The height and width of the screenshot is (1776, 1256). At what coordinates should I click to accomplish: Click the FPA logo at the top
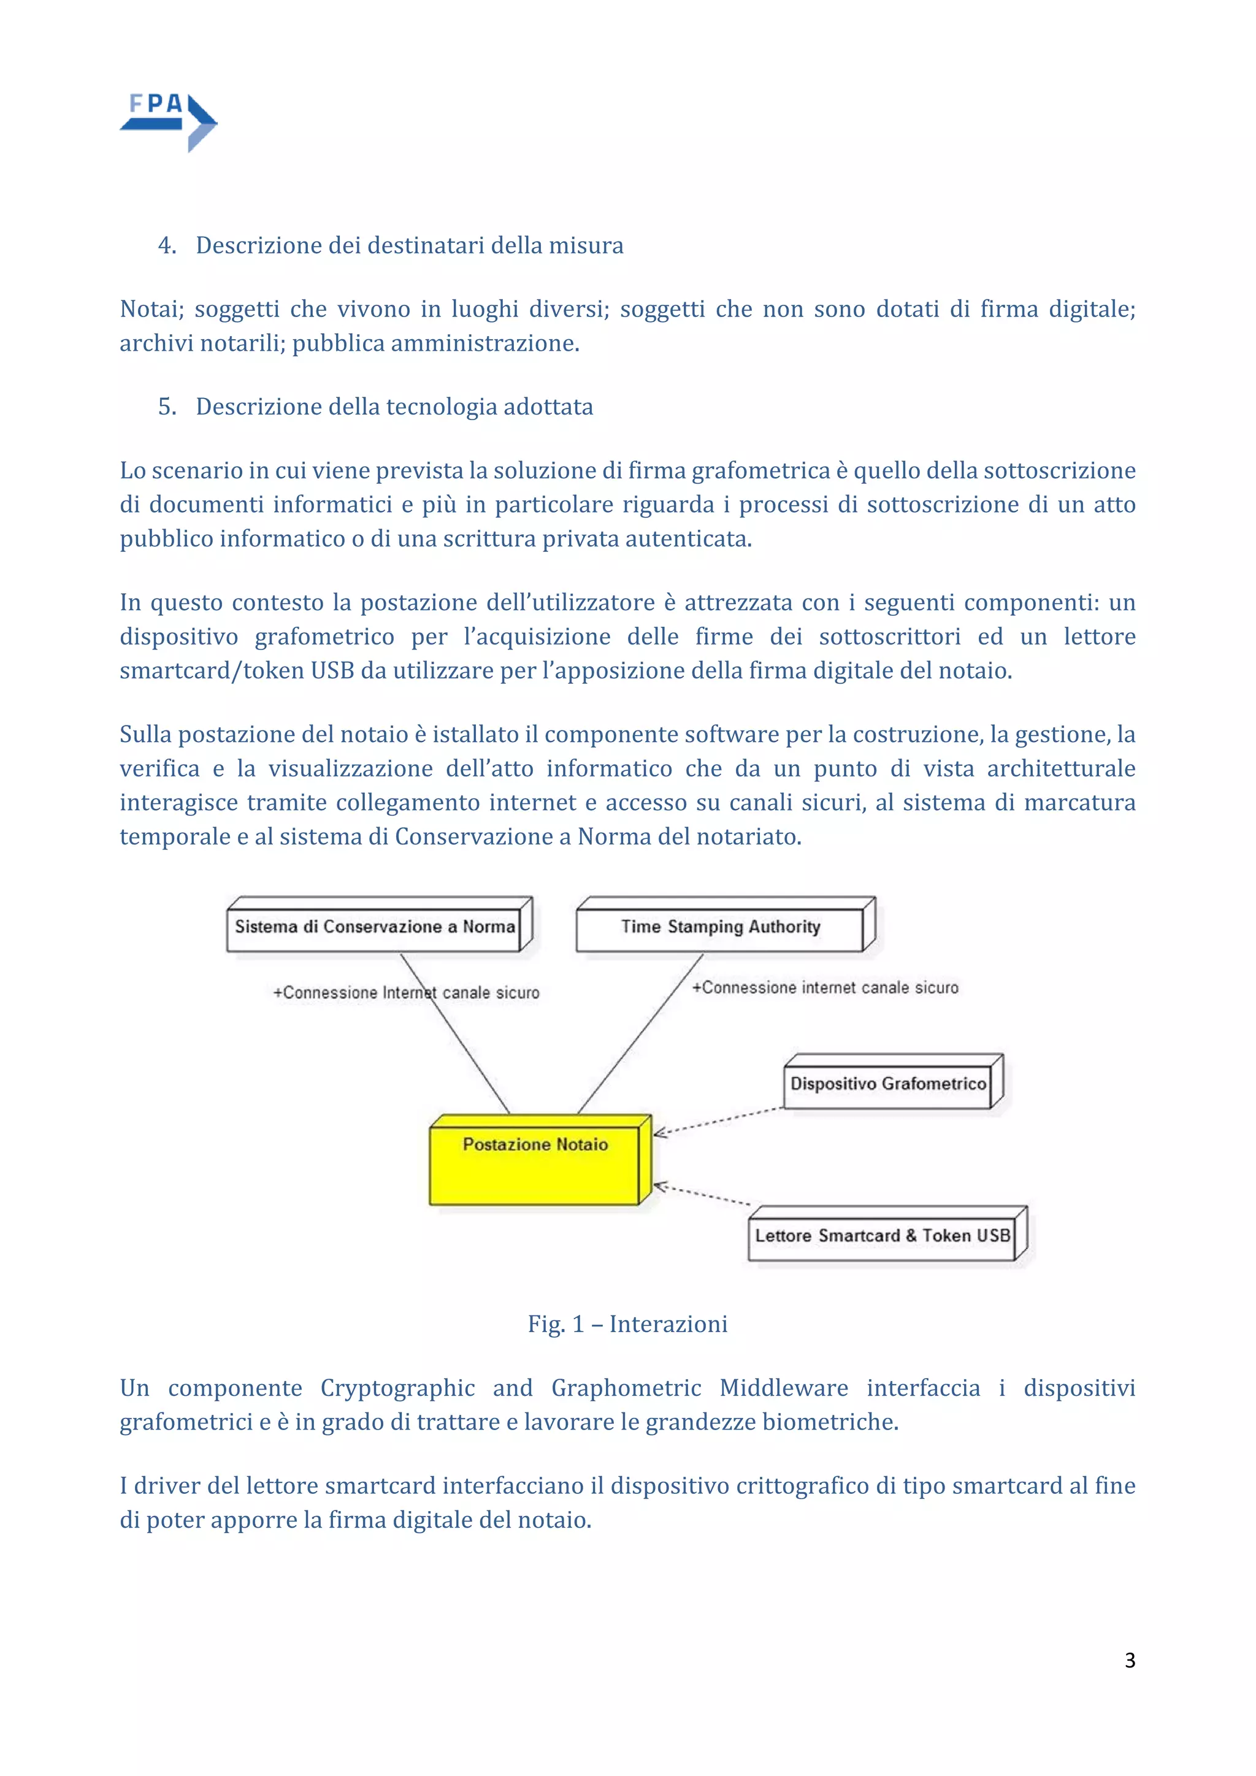[169, 121]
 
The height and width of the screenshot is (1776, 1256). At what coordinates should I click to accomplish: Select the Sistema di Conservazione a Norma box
[374, 927]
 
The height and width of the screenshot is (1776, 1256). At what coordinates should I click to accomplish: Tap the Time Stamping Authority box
[720, 927]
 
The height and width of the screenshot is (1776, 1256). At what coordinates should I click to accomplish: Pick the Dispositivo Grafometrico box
[888, 1084]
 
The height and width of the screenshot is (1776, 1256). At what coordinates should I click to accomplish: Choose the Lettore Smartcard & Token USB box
[883, 1235]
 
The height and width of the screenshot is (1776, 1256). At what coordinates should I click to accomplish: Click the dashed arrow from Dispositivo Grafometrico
[719, 1121]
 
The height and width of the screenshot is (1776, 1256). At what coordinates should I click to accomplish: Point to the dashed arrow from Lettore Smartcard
[702, 1194]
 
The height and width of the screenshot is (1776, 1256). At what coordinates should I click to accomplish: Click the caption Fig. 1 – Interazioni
[627, 1323]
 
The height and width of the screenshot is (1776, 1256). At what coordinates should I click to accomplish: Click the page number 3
[1129, 1660]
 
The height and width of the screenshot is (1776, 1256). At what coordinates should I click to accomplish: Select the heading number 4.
[166, 245]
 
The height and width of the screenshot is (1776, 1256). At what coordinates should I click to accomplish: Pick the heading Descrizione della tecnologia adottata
[394, 406]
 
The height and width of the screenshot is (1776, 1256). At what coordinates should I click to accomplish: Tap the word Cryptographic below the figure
[397, 1388]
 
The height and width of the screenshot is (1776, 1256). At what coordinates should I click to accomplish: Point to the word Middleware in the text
[783, 1388]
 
